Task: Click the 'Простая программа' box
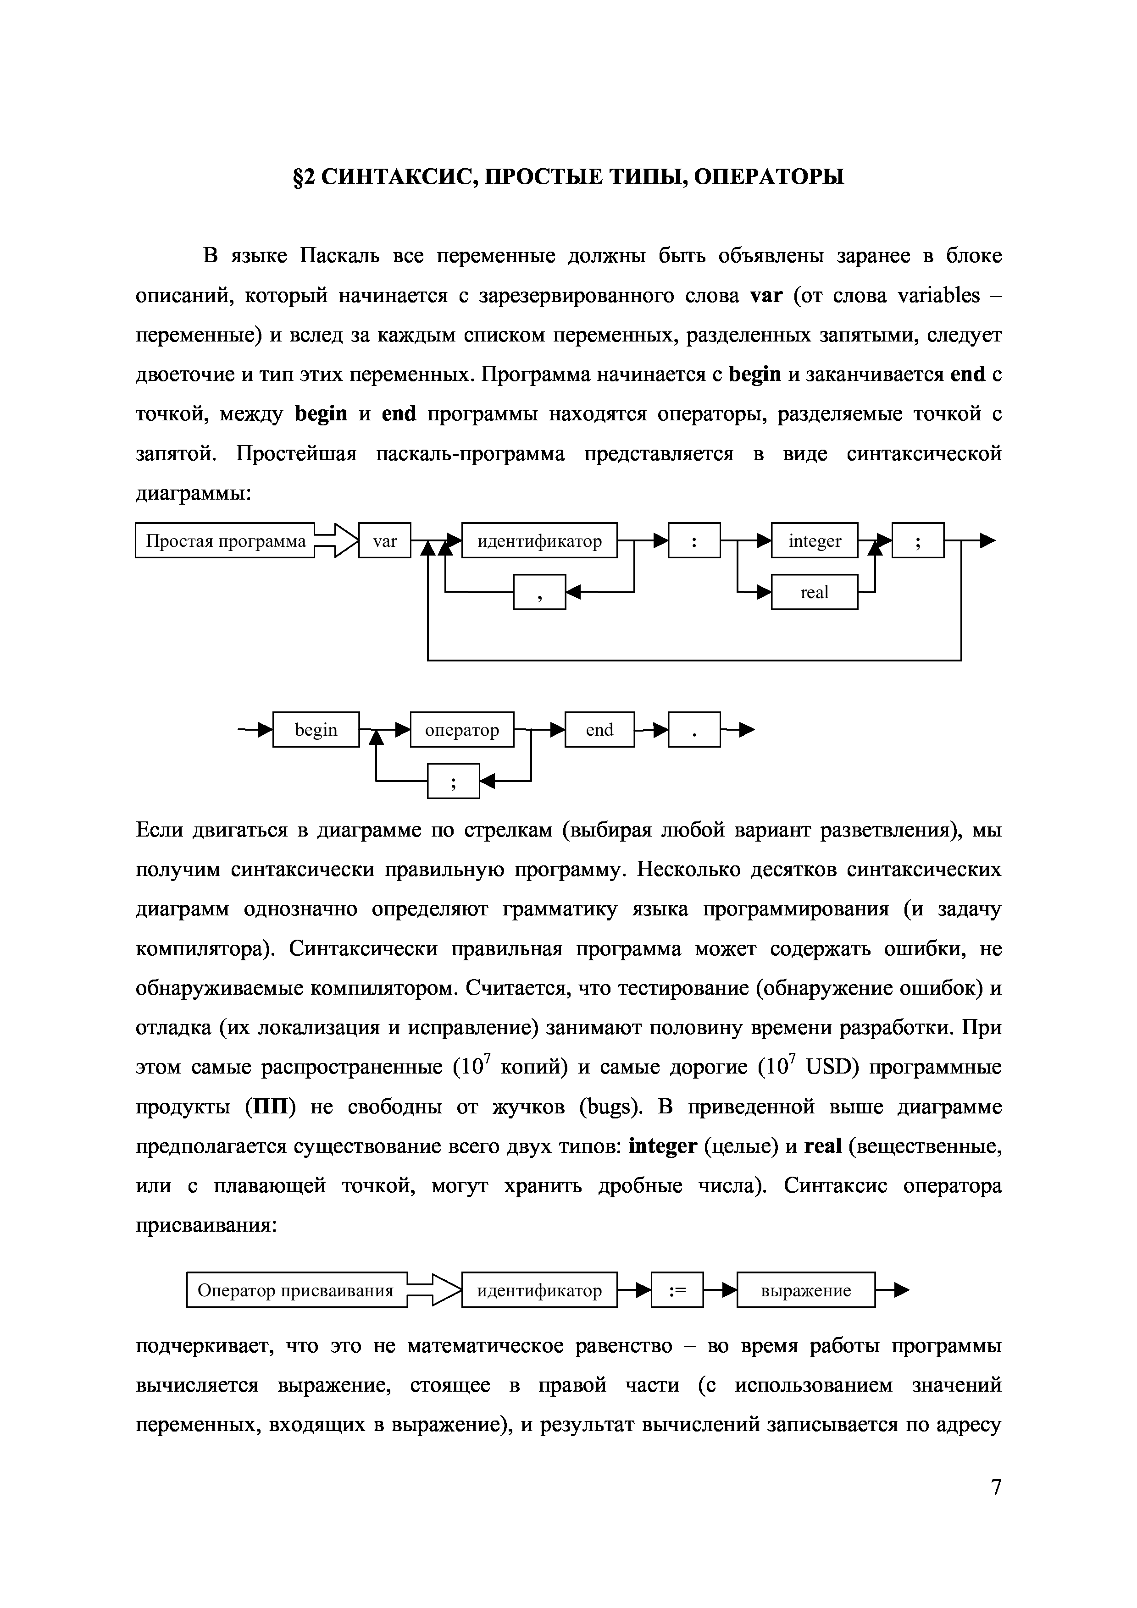225,541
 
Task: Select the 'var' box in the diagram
385,541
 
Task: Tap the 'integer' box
814,541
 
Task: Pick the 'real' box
814,593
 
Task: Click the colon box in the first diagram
693,541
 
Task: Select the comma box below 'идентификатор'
539,593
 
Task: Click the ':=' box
677,1291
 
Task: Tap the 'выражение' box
806,1291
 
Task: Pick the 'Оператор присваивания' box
296,1291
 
